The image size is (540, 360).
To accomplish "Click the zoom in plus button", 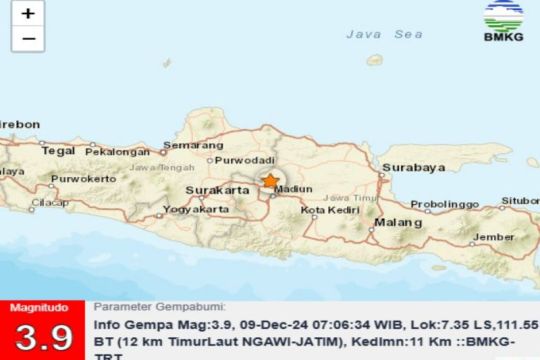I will tap(28, 14).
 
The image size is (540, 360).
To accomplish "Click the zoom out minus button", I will tap(28, 39).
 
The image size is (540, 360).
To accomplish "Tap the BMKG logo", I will tap(504, 22).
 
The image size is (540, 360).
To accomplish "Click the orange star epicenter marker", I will tap(270, 181).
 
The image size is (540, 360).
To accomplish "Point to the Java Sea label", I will tap(385, 34).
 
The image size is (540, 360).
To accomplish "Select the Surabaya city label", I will tap(412, 168).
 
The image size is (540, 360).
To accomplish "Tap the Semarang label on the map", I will tap(193, 146).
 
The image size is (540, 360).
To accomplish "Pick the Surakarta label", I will tap(217, 189).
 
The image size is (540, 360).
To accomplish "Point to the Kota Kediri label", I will tap(327, 210).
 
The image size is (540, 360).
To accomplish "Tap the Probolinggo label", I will tap(447, 204).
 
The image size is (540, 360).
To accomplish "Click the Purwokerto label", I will tap(79, 179).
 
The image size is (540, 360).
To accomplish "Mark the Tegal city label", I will tap(59, 151).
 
